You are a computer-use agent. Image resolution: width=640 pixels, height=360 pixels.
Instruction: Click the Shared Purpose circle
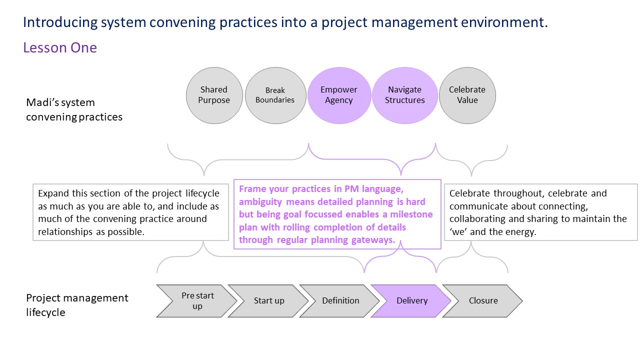tap(214, 95)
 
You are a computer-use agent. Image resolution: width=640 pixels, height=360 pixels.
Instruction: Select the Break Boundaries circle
tap(275, 95)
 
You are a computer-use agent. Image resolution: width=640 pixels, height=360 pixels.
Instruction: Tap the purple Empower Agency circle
tap(339, 95)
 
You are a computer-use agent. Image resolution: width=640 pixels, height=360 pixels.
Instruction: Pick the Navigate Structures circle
tap(404, 95)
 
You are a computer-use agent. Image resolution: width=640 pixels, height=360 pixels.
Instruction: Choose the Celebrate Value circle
tap(467, 95)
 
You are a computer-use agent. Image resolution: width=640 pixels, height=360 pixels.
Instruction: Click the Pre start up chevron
tap(196, 301)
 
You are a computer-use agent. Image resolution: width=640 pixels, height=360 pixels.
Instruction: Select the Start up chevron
tap(269, 301)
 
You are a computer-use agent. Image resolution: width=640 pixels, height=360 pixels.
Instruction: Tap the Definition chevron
tap(340, 301)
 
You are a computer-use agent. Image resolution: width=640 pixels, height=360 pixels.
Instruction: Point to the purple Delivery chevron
tap(412, 301)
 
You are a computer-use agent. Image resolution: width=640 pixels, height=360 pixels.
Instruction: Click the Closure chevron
tap(483, 301)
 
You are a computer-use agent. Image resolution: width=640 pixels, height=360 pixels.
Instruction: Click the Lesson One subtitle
tap(60, 48)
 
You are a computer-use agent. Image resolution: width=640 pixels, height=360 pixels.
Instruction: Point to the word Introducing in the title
tap(59, 22)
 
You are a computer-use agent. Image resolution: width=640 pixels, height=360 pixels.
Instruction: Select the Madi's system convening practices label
tap(74, 110)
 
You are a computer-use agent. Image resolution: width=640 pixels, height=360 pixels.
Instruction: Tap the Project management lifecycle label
tap(77, 305)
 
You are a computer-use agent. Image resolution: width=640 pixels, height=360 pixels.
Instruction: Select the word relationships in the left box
tap(60, 232)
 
